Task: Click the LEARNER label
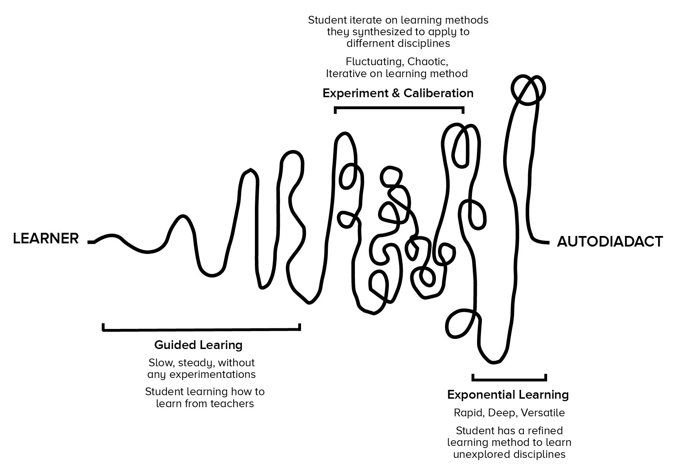click(x=46, y=239)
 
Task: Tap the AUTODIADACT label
click(x=610, y=242)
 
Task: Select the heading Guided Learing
click(x=198, y=345)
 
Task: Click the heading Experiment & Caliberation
click(x=398, y=93)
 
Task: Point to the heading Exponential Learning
click(x=508, y=394)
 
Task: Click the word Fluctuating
click(x=375, y=62)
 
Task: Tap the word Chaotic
click(x=427, y=62)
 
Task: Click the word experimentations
click(x=213, y=374)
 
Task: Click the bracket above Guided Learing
click(x=201, y=329)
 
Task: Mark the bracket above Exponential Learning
click(x=509, y=379)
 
